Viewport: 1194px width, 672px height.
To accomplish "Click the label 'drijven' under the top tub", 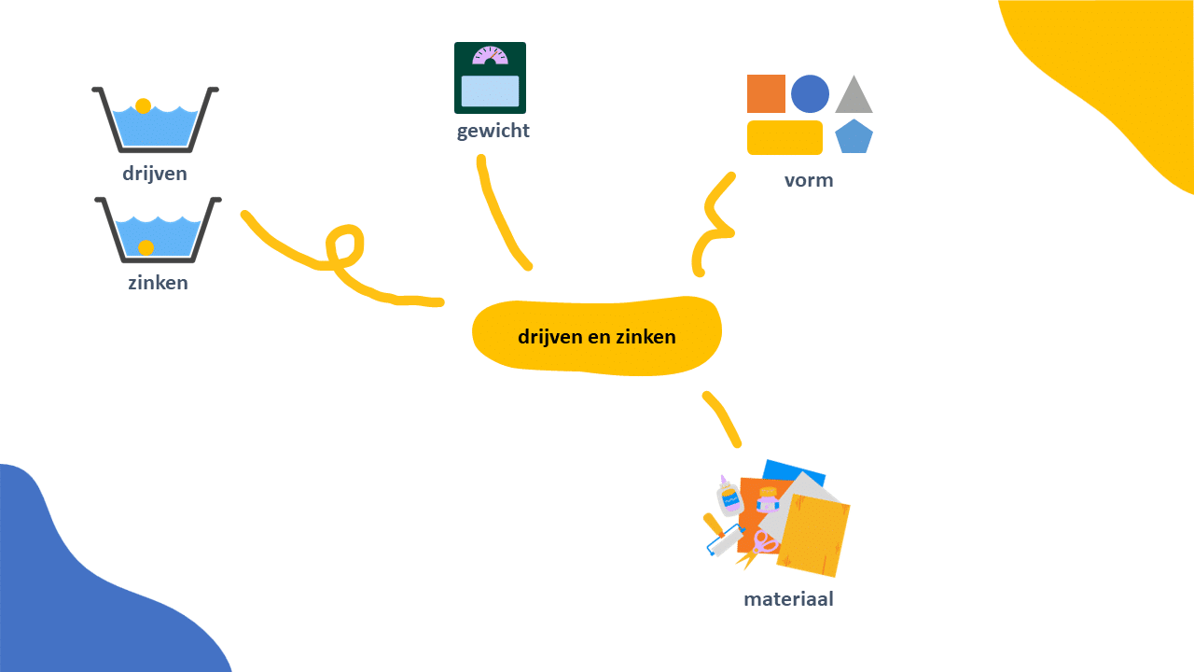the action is click(155, 175).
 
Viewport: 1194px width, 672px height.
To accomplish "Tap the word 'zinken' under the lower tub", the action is click(158, 283).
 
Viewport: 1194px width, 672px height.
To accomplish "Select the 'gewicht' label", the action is click(493, 132).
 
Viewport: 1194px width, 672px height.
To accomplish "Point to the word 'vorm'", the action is click(809, 181).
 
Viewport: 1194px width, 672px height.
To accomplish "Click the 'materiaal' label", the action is click(788, 599).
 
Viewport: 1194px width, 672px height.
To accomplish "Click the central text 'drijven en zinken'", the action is click(596, 337).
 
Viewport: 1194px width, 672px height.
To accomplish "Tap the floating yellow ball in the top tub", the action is click(143, 105).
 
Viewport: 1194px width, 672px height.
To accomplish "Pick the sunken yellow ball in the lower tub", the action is click(146, 247).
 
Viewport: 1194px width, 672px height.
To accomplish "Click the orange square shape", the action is click(766, 94).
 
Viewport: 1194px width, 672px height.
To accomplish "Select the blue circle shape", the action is click(810, 94).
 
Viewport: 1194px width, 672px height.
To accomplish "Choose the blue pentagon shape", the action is click(854, 136).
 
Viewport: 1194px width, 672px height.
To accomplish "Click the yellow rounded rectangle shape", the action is click(784, 137).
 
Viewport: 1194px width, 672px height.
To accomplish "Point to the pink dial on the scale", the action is click(490, 56).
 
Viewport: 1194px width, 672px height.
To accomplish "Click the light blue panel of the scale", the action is click(490, 91).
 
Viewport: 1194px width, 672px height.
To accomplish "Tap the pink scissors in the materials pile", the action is click(758, 550).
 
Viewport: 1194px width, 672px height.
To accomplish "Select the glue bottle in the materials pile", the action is click(729, 496).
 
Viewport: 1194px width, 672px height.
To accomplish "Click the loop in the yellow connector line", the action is click(345, 246).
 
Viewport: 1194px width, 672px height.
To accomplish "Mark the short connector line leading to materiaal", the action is click(722, 419).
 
